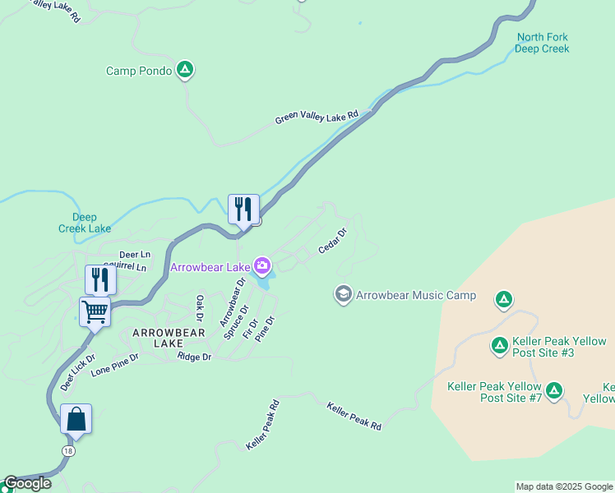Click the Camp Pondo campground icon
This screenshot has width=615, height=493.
[x=186, y=71]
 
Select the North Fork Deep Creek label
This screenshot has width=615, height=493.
[x=542, y=43]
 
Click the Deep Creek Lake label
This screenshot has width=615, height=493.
[x=85, y=223]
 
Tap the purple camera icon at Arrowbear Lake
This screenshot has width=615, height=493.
[x=262, y=266]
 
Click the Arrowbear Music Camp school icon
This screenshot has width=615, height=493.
[x=343, y=294]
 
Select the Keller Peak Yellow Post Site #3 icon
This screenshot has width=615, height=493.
[x=499, y=345]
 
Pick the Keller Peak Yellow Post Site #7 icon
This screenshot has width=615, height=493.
[x=554, y=389]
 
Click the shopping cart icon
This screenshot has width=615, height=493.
[x=95, y=312]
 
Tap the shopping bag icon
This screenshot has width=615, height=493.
[x=76, y=419]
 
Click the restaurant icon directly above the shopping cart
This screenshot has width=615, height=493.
[x=100, y=279]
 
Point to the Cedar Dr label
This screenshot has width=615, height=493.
[x=333, y=240]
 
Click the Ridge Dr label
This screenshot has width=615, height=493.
[x=195, y=357]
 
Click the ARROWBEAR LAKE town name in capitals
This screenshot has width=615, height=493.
[x=164, y=337]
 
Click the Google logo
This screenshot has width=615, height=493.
[x=26, y=483]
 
